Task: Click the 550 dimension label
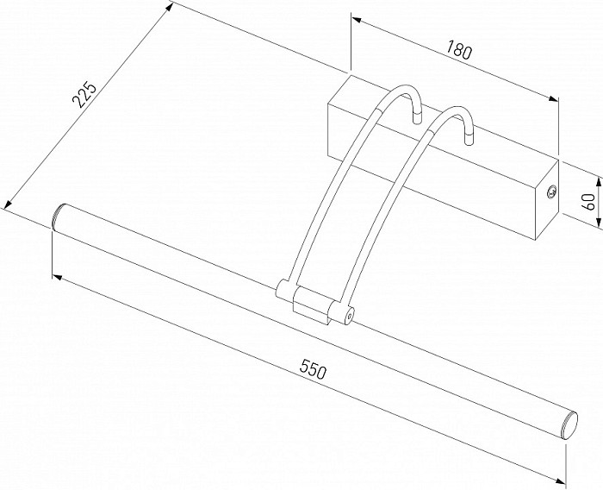(x=313, y=369)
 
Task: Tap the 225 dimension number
(x=84, y=94)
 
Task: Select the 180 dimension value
(x=459, y=50)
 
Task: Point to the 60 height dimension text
(x=588, y=202)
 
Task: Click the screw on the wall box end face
(x=552, y=192)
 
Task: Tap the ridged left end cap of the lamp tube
(x=59, y=217)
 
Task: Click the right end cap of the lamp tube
(x=570, y=425)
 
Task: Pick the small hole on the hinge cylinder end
(x=349, y=315)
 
